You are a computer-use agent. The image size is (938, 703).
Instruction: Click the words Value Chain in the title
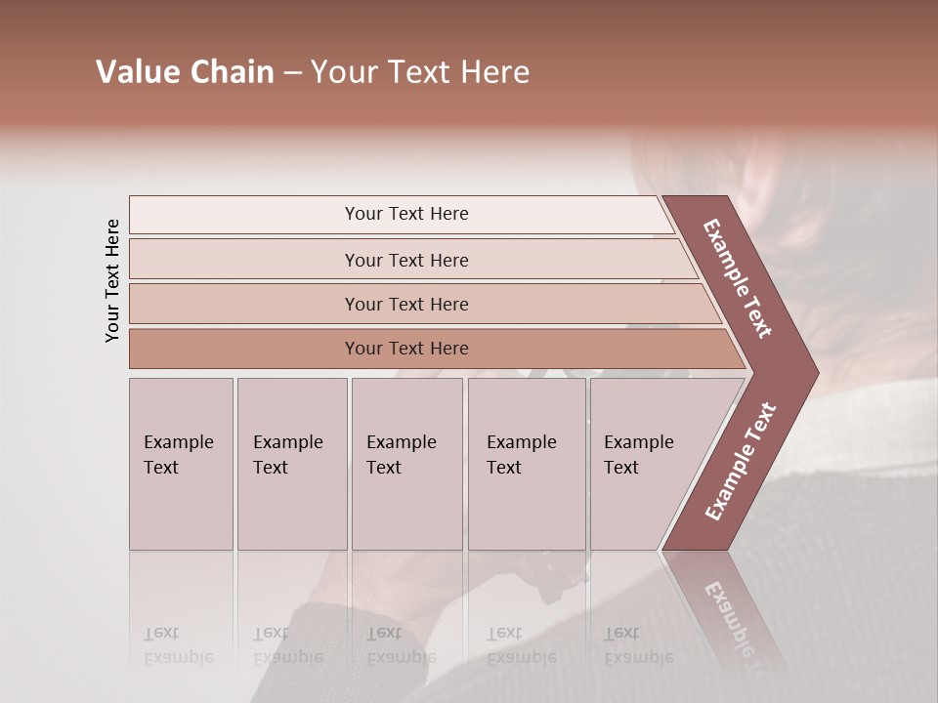point(185,72)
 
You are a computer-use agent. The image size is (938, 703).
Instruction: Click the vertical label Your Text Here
point(112,280)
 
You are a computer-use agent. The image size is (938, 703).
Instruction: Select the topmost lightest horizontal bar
point(401,214)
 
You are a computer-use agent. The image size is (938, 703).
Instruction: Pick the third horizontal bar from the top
point(420,304)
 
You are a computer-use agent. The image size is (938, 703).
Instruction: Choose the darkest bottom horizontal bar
point(430,349)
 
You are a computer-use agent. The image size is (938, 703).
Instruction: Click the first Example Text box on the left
point(181,464)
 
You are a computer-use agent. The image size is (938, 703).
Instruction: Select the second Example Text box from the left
point(292,464)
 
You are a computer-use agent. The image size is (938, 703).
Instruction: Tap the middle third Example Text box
point(406,464)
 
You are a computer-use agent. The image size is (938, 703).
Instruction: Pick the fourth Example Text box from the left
point(527,464)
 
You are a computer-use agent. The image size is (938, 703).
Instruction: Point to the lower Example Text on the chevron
point(741,461)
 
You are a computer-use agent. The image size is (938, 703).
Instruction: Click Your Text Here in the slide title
point(420,72)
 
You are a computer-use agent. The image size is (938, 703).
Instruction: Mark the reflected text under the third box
point(401,645)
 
